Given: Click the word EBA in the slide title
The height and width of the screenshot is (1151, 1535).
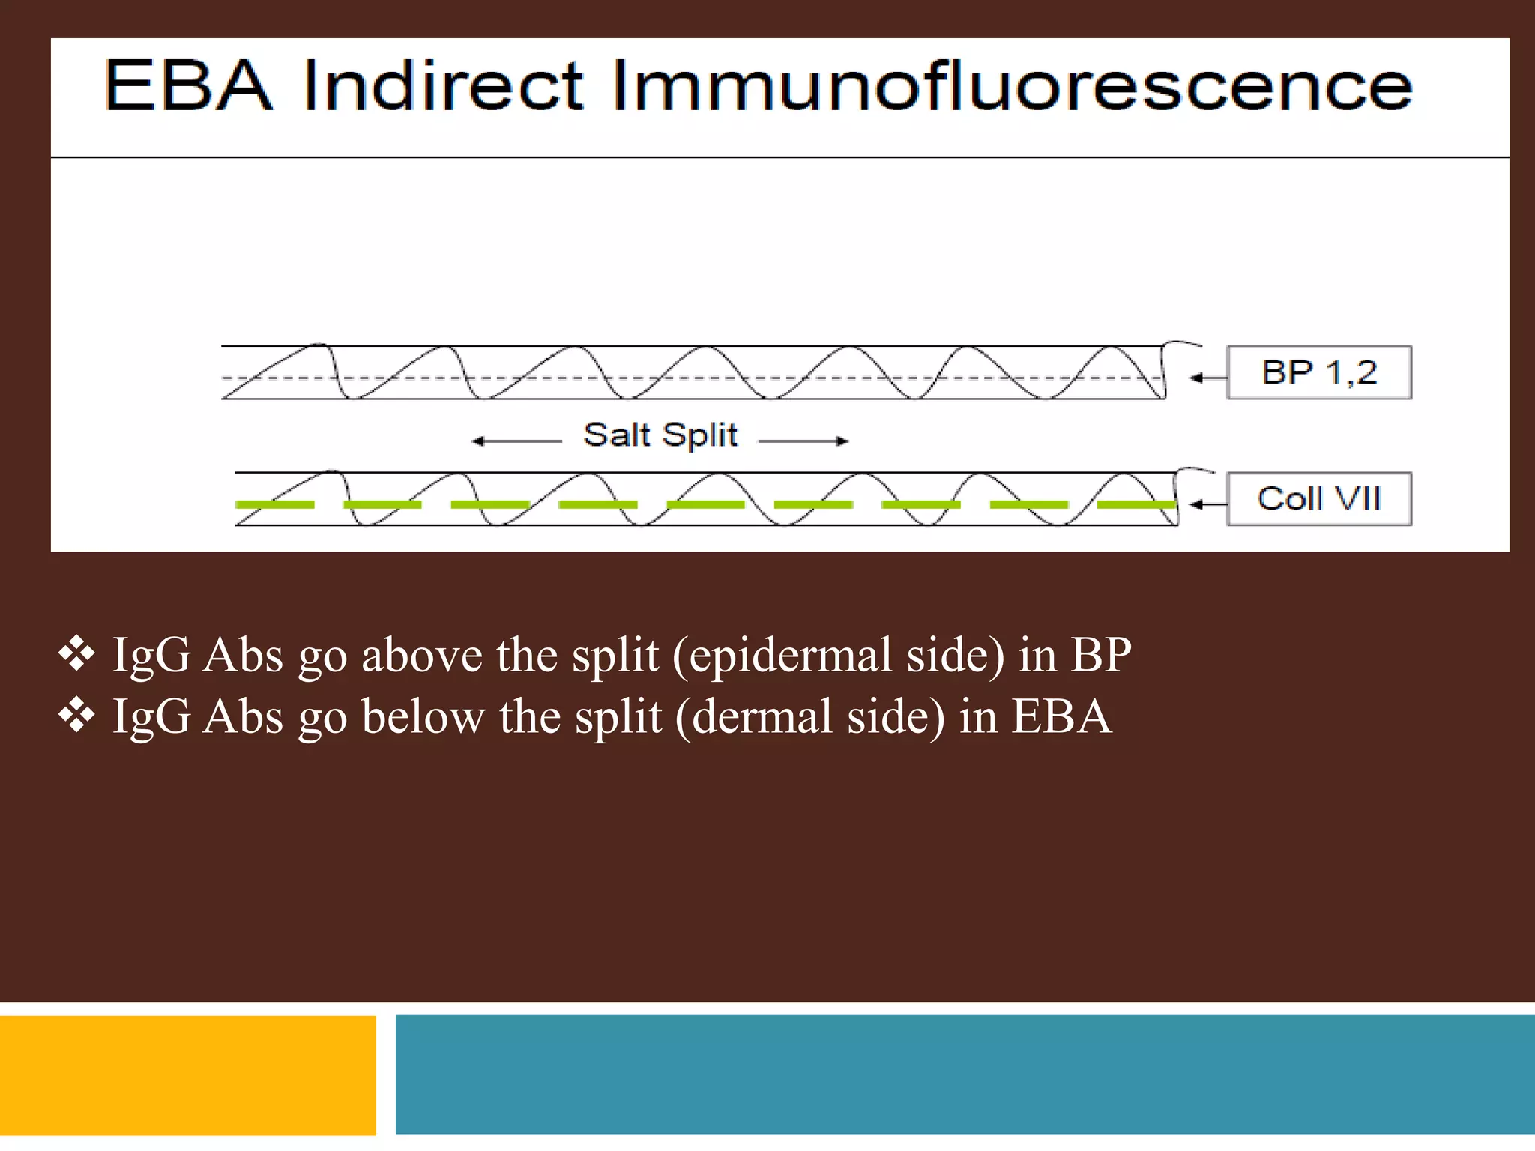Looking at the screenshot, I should [x=188, y=86].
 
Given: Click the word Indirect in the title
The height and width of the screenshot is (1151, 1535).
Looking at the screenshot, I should [x=443, y=86].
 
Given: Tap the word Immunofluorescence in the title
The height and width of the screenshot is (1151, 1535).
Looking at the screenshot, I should [x=1012, y=86].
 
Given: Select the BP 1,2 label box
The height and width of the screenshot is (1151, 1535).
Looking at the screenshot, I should [x=1318, y=372].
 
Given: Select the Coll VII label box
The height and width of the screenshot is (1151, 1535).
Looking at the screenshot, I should [x=1318, y=499].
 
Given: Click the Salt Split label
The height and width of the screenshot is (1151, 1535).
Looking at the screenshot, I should [x=660, y=435].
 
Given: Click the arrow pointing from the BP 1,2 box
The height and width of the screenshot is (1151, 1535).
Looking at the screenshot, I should [x=1207, y=378].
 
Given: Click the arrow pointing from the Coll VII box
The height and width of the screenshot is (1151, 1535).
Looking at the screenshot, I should [x=1207, y=504].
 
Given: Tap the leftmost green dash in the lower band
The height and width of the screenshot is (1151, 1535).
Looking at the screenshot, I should [x=274, y=504].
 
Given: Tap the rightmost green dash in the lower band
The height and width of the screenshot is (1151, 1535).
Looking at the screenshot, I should [x=1136, y=504].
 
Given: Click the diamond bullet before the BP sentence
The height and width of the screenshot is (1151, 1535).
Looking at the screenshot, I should [x=76, y=654].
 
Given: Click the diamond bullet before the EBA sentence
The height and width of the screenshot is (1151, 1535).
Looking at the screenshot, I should [x=76, y=716].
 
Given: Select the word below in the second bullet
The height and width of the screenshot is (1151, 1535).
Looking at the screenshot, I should [x=423, y=717].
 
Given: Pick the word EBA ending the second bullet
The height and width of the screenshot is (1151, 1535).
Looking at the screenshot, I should [x=1061, y=717].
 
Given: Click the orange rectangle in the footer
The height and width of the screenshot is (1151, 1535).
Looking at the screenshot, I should [x=187, y=1075].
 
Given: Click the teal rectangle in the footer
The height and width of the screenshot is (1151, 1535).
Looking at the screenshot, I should [x=965, y=1074].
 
